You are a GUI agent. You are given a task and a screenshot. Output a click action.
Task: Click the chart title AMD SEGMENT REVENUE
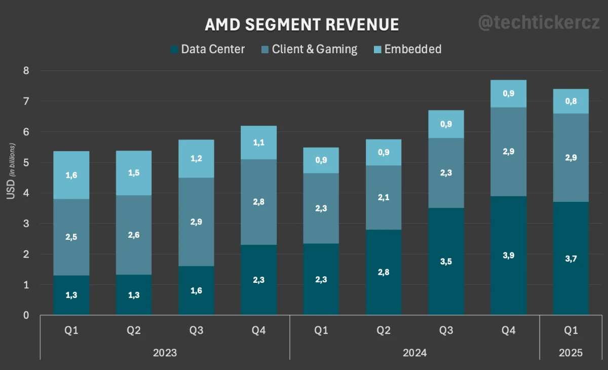click(302, 25)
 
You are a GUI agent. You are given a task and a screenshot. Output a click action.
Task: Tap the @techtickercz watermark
click(539, 23)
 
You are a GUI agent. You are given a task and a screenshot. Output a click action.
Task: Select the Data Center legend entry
click(208, 49)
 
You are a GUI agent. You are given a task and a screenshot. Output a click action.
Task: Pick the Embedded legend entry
click(407, 49)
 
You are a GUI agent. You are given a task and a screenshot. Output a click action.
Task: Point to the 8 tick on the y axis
click(26, 71)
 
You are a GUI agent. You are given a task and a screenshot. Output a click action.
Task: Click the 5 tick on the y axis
click(26, 163)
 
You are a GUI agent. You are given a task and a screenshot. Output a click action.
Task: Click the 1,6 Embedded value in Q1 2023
click(71, 175)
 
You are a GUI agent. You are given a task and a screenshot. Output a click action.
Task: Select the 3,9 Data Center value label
click(509, 255)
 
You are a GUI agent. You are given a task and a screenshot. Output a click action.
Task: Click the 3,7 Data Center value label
click(571, 258)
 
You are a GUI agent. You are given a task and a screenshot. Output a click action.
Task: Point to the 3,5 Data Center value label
click(446, 262)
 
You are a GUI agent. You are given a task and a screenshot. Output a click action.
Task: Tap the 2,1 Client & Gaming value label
click(384, 197)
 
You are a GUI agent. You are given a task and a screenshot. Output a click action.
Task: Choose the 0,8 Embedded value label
click(571, 101)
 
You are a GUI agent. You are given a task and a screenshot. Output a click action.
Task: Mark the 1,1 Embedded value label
click(259, 142)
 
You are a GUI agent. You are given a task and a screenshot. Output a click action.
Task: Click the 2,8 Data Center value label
click(384, 272)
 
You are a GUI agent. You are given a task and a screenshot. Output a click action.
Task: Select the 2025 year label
click(571, 353)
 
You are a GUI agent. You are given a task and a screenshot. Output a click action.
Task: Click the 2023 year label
click(165, 353)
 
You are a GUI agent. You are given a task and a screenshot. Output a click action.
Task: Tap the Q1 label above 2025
click(571, 330)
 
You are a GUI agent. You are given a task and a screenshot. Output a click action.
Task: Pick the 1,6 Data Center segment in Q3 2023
click(197, 290)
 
